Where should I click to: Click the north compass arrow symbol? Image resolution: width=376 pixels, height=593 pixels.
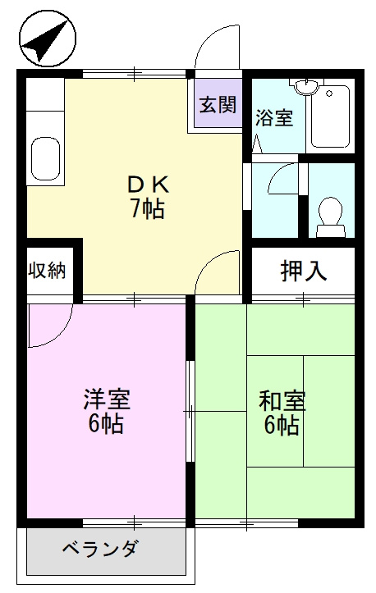45,41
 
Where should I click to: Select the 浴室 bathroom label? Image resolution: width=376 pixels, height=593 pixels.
273,117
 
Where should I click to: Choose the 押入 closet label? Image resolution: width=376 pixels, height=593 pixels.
303,270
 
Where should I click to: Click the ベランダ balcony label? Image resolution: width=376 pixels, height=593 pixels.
99,549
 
